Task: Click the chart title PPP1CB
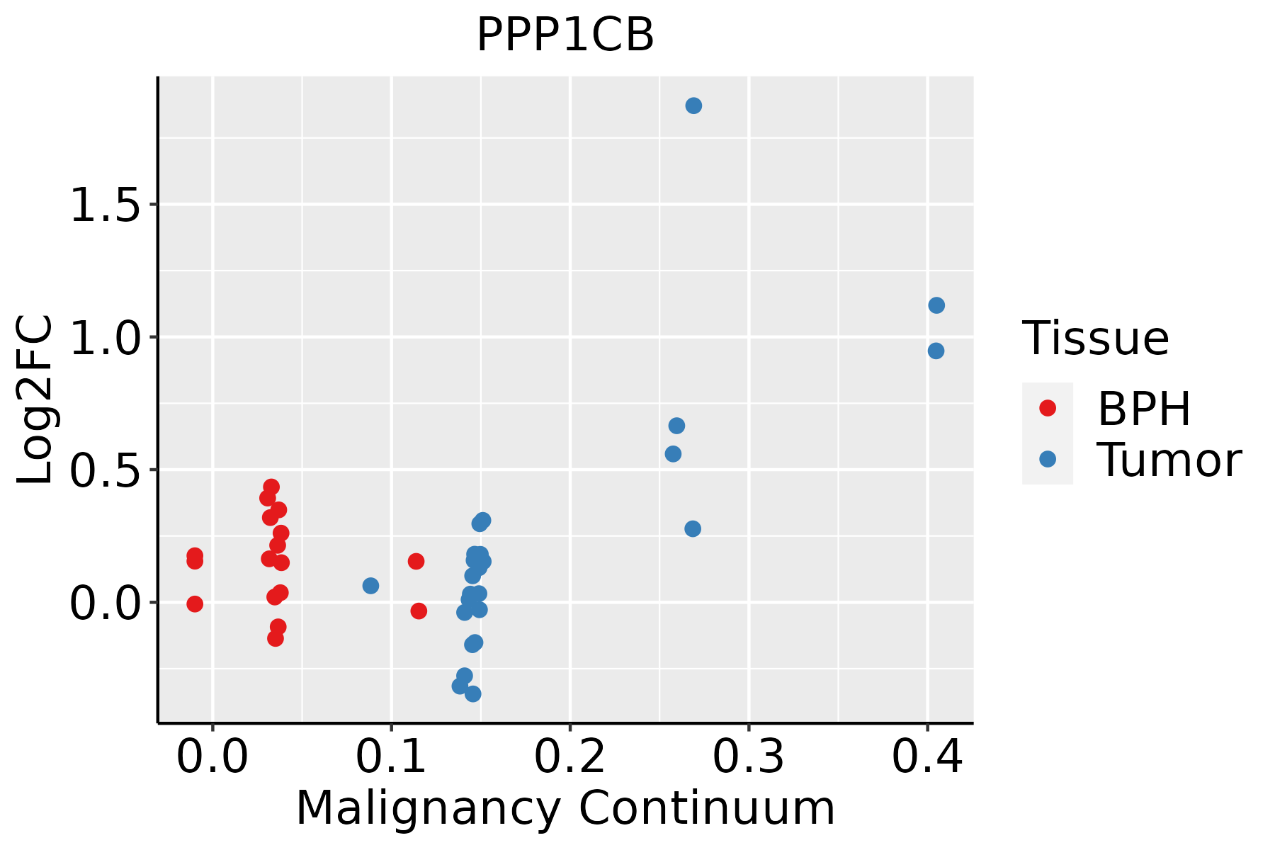pos(565,35)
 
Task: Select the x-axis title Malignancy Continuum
pos(565,808)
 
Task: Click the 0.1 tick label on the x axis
pos(391,756)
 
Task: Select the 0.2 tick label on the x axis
pos(569,756)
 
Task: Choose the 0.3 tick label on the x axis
pos(748,756)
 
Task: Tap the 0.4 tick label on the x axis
pos(926,756)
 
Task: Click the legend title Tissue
pos(1096,339)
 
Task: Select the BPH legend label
pos(1144,409)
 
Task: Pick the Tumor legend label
pos(1169,460)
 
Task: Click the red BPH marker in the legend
pos(1047,408)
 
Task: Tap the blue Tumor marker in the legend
pos(1047,459)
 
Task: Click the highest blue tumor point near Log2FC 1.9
pos(693,106)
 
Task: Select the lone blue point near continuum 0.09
pos(370,586)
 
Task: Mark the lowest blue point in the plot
pos(473,693)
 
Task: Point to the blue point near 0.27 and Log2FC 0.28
pos(693,528)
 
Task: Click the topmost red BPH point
pos(271,487)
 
